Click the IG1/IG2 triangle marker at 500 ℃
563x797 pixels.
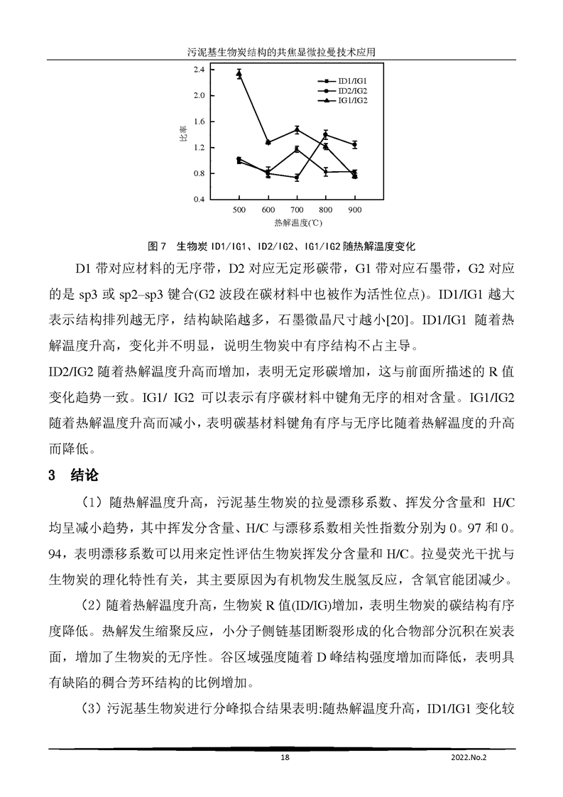pyautogui.click(x=239, y=74)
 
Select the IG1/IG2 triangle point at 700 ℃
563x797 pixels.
pyautogui.click(x=297, y=129)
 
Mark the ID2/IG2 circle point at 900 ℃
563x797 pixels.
pyautogui.click(x=354, y=144)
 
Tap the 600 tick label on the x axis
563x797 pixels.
pyautogui.click(x=268, y=211)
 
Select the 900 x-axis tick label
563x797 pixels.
pyautogui.click(x=354, y=211)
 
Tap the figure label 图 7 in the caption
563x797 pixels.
pyautogui.click(x=156, y=246)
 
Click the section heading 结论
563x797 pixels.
pyautogui.click(x=86, y=475)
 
